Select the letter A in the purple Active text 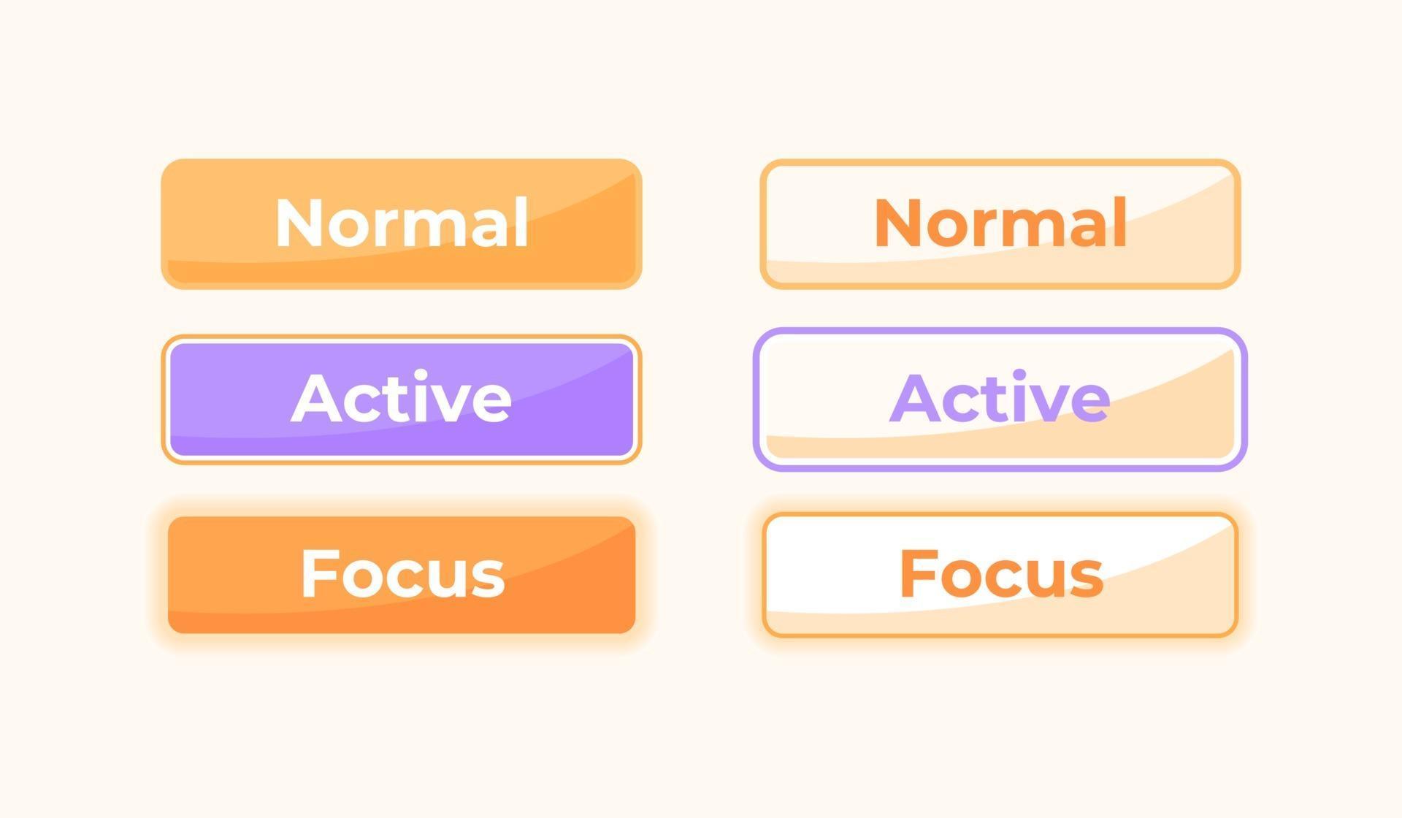click(x=914, y=398)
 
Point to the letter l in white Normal click(x=521, y=221)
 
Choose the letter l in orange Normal click(x=1120, y=221)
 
